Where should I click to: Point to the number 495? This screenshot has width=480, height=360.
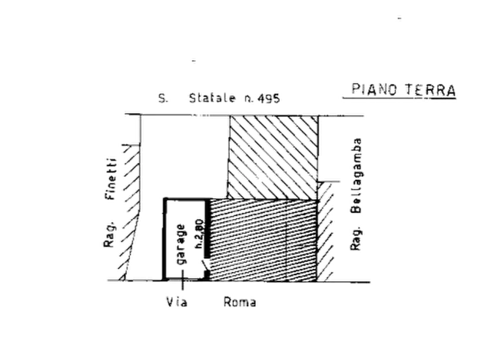(x=269, y=99)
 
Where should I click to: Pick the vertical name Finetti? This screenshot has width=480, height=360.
(x=111, y=177)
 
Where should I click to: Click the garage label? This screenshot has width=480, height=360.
(x=183, y=244)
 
